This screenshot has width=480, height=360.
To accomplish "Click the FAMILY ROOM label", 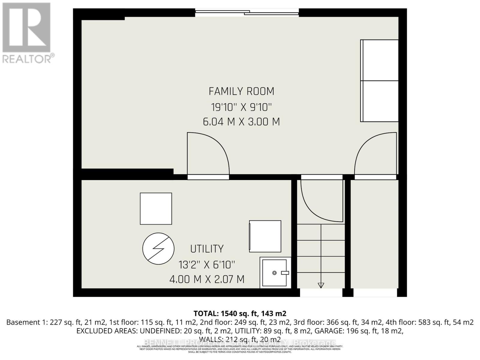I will point(241,91).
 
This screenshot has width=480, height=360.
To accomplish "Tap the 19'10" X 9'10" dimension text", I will point(241,107).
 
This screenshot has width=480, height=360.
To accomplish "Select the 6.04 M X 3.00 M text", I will point(241,122).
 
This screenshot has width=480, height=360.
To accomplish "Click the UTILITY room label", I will point(207,249).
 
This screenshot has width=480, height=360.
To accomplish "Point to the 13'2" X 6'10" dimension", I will point(207,265).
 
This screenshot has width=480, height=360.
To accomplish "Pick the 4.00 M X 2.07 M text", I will point(207,279).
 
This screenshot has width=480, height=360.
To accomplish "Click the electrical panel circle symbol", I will point(158,248).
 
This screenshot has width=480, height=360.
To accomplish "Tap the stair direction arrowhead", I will point(321,285).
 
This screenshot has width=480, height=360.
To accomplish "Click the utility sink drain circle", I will point(274,273).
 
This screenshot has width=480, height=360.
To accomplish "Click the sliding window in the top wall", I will point(247,13).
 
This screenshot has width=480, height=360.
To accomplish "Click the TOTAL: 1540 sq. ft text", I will point(240,313).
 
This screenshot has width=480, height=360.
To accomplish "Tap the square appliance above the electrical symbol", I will point(156,208).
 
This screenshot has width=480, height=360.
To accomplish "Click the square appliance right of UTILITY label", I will point(265,236).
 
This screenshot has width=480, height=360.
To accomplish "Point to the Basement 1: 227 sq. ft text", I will point(44,322).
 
